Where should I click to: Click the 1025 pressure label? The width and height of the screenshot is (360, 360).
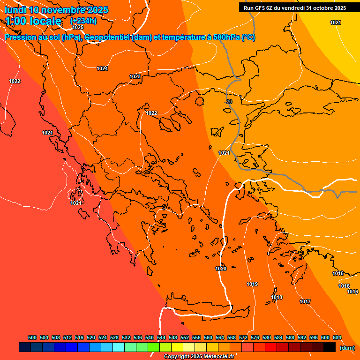pos(78,28)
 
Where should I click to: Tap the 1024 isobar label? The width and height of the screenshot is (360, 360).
pos(102,69)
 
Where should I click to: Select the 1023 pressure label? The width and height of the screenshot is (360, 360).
pos(135,76)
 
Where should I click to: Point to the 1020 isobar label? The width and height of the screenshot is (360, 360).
pos(221,269)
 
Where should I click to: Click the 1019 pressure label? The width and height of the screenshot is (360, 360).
pos(252,284)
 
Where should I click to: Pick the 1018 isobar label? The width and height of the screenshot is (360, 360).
pos(277,297)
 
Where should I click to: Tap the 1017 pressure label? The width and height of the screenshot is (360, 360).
pos(305,301)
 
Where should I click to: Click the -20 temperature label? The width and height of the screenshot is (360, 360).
pos(228,102)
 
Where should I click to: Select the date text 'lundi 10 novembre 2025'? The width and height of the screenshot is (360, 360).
pos(56,10)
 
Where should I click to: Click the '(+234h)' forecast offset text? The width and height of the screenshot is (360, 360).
pos(83,21)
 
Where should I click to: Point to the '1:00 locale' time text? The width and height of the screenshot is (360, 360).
pos(33,21)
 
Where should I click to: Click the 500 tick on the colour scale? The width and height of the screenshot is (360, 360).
pos(32,337)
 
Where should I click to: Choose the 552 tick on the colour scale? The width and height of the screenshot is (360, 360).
pos(185,337)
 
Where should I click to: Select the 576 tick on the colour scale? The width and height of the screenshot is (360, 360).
pos(255,337)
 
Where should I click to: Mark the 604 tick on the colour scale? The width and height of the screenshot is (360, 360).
pos(337,337)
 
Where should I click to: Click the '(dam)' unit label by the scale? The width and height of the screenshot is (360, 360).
pos(347,348)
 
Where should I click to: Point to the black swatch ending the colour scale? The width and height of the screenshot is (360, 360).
pos(330,347)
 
